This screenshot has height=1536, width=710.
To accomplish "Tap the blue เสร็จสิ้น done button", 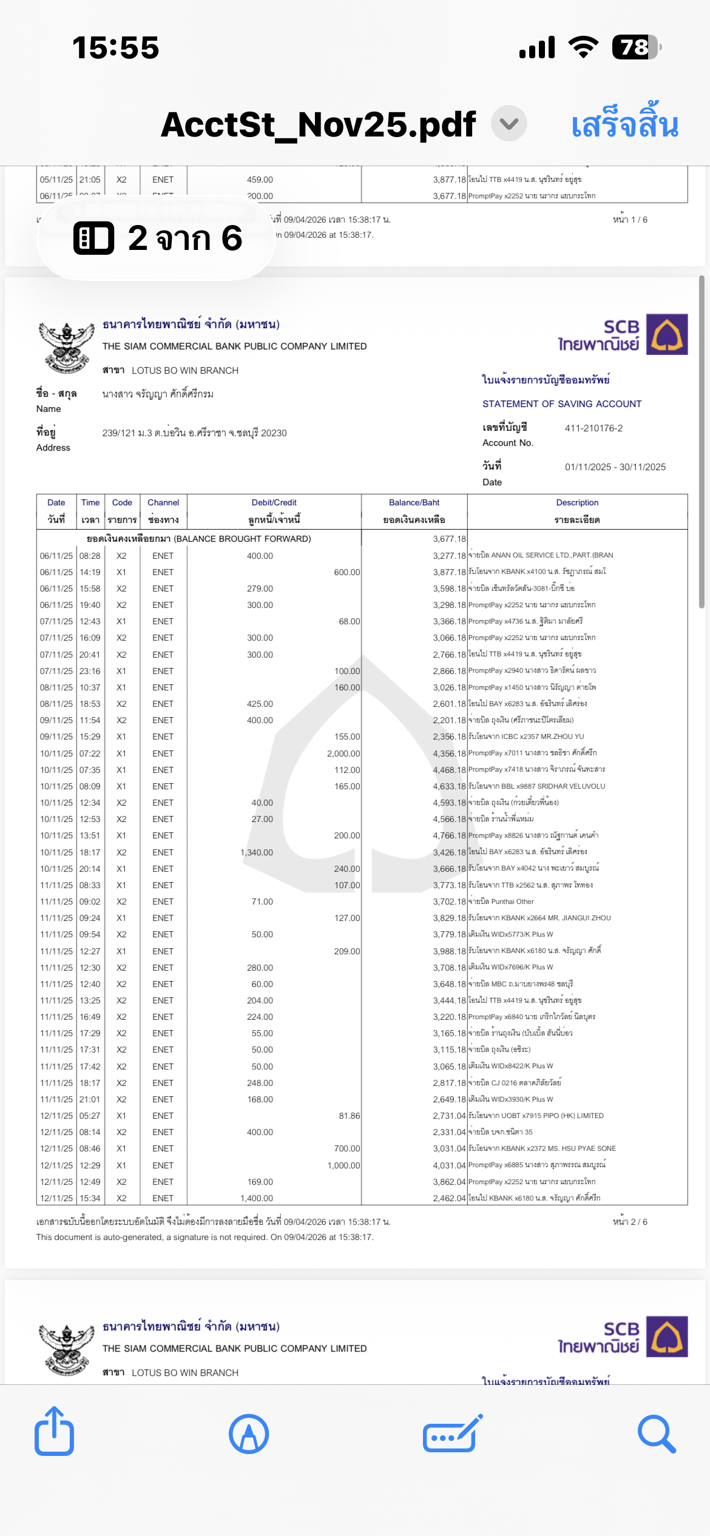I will tap(624, 124).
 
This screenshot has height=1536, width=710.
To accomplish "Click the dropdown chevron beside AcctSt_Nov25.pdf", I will tap(509, 124).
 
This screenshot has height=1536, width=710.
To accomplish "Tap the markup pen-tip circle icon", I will tap(249, 1434).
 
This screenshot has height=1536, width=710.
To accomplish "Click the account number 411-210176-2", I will tap(593, 428).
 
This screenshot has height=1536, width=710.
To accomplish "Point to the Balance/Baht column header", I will tap(414, 503).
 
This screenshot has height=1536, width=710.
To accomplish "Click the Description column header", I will tap(577, 503).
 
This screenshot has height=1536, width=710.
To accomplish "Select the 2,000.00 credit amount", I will tap(343, 753).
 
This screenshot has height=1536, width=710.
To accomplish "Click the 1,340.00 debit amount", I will tap(257, 852).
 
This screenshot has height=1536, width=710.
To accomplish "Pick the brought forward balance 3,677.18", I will tap(449, 539).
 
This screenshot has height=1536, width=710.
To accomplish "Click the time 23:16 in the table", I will tap(90, 671).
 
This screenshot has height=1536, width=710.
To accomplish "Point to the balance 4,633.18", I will tap(449, 786).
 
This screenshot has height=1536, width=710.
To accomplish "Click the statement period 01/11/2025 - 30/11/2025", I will tap(615, 467).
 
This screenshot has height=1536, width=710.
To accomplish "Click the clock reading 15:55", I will tap(115, 47).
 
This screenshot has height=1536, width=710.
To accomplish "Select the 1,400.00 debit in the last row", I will tap(257, 1198).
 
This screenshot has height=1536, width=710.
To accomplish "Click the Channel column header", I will tap(163, 503).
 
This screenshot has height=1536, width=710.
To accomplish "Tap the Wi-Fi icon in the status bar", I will tap(583, 47).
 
